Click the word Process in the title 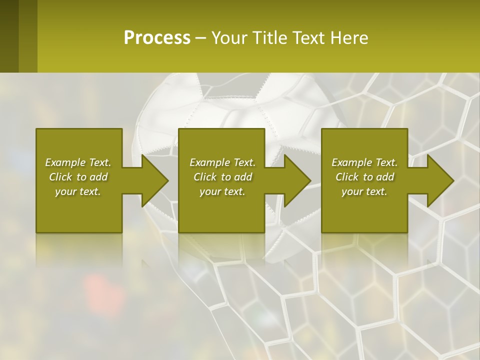(157, 38)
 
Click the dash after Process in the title (200, 38)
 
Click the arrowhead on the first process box (155, 180)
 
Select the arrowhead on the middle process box (297, 180)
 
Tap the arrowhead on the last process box (440, 180)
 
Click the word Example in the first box (65, 162)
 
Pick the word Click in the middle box (205, 177)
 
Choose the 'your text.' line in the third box (364, 191)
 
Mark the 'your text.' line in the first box (78, 191)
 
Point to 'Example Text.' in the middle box (222, 162)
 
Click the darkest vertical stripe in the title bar (9, 36)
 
